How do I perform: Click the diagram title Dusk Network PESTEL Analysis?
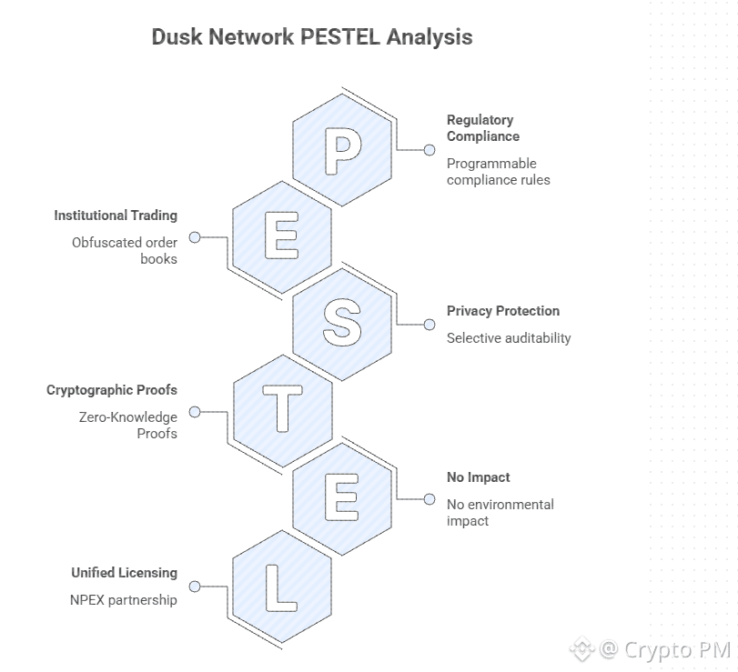(311, 37)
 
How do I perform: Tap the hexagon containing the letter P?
(342, 151)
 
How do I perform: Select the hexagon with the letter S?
(342, 325)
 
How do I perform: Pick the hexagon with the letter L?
(282, 586)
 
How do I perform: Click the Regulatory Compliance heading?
(483, 128)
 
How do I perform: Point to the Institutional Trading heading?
(116, 216)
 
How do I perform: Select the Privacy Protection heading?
(503, 311)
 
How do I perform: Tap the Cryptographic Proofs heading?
(112, 390)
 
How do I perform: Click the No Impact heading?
(479, 477)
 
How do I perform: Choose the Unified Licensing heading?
(125, 573)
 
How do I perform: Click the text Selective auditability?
(509, 338)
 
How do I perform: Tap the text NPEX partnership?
(124, 600)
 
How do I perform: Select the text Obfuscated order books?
(126, 251)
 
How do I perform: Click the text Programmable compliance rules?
(498, 172)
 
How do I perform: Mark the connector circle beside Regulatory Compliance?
(430, 150)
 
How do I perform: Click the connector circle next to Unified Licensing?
(195, 587)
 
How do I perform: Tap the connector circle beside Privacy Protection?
(430, 325)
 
